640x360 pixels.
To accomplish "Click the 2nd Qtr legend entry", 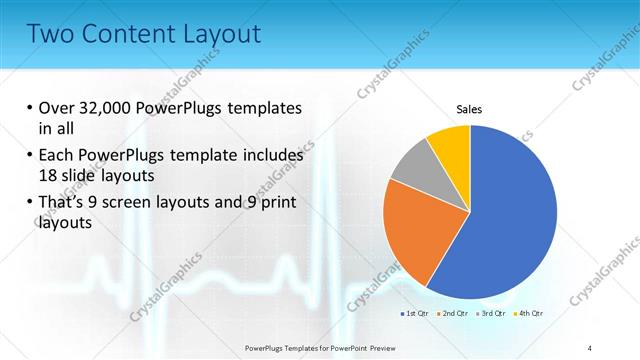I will [453, 313].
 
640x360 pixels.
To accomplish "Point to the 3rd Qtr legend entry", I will [491, 313].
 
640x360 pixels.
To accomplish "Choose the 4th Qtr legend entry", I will [528, 313].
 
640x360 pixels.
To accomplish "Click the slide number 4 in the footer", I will [590, 347].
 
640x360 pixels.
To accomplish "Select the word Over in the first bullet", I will [58, 108].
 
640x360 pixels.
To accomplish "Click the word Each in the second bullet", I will [58, 156].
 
